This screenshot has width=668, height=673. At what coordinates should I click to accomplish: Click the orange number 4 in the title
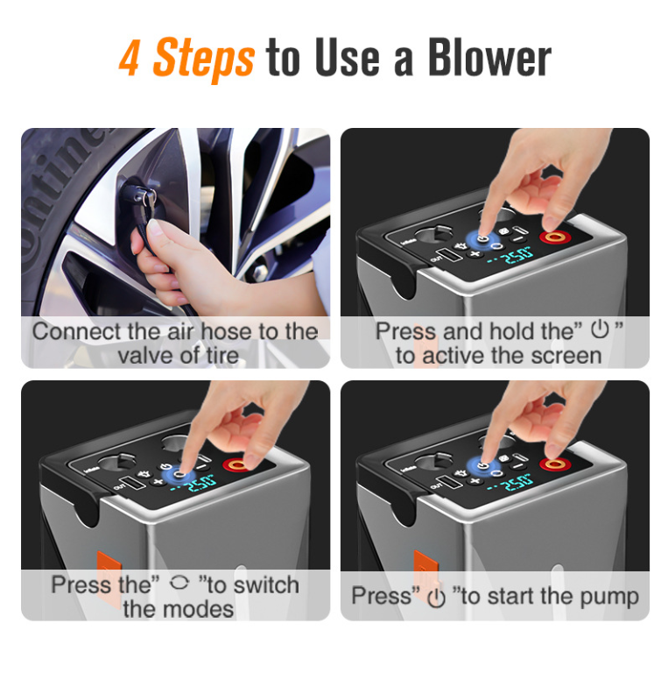(x=129, y=58)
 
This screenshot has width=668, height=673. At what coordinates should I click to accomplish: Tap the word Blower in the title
(x=489, y=57)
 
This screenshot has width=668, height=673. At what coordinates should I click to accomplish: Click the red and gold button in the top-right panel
(x=555, y=237)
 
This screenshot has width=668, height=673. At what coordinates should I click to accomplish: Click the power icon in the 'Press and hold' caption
(x=600, y=329)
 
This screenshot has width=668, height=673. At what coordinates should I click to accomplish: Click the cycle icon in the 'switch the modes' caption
(x=179, y=583)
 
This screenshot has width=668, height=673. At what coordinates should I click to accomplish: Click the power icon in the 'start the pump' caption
(x=437, y=598)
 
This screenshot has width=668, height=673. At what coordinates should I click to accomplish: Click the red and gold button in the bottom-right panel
(x=555, y=463)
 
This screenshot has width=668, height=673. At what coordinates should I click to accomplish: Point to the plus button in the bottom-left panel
(x=158, y=482)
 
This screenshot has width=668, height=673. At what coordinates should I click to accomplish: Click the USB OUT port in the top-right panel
(x=450, y=255)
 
